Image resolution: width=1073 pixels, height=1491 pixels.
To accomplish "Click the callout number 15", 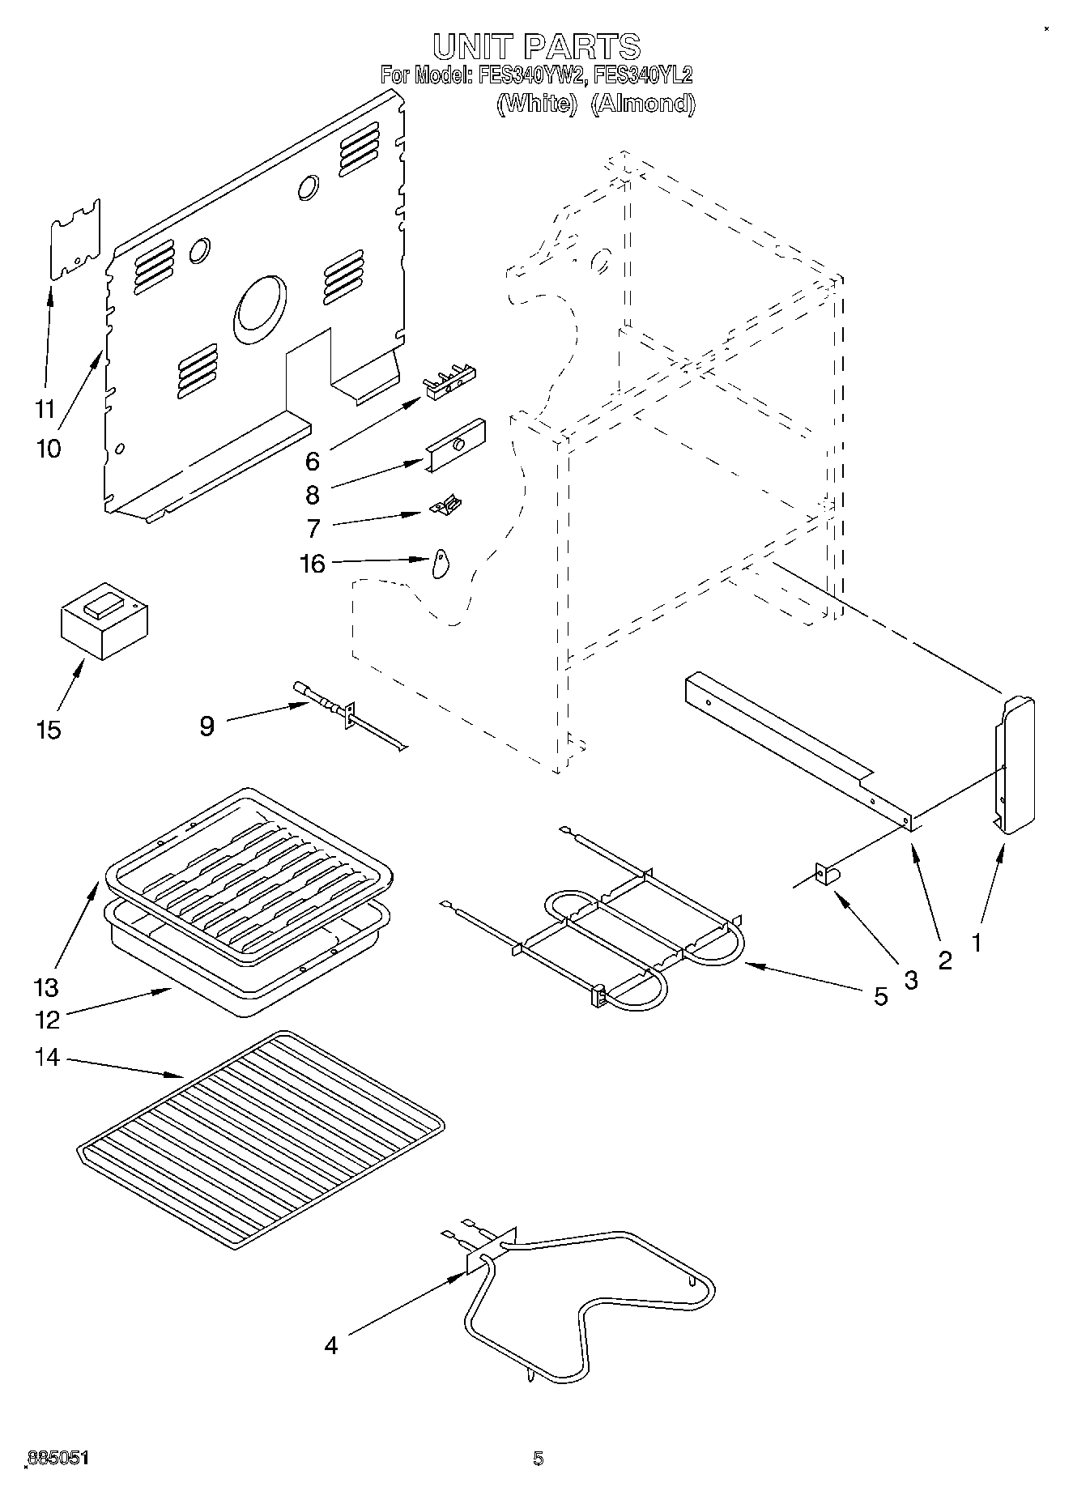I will click(x=49, y=730).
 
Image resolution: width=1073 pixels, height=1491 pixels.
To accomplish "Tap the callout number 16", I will click(x=313, y=563).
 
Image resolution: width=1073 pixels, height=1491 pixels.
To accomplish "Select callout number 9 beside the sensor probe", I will click(x=207, y=725).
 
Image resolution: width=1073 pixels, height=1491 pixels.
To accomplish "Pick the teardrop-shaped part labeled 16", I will click(x=441, y=563).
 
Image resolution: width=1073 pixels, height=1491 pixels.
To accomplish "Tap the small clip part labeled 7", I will click(x=446, y=507).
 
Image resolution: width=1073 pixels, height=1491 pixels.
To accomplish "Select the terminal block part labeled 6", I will click(x=450, y=381).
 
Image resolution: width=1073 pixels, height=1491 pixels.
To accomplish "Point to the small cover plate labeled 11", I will click(x=75, y=240).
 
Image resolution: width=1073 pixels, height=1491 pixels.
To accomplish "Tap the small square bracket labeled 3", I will click(x=826, y=875).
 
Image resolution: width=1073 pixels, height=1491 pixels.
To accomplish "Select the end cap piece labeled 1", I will click(x=1015, y=762).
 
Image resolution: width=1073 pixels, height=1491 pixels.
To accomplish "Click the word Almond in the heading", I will click(x=642, y=104).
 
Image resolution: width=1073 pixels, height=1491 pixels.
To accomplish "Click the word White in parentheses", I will click(x=535, y=104).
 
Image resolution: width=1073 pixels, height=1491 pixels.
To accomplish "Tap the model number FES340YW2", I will click(x=530, y=76).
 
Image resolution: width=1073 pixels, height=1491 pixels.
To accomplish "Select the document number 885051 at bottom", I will click(x=58, y=1459).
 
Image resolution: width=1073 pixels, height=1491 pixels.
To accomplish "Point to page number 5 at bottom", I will click(x=538, y=1459).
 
